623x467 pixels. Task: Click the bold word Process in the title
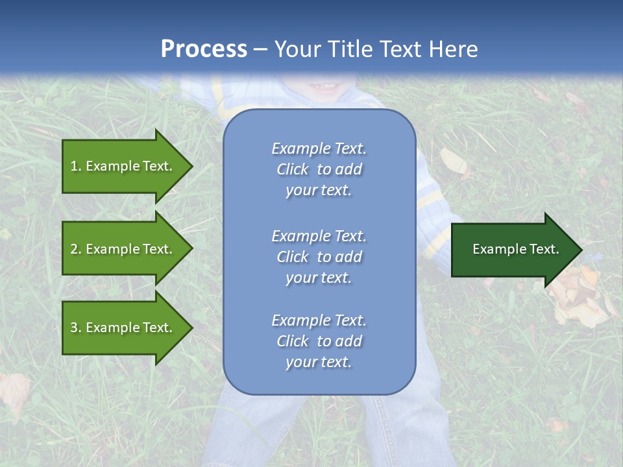click(204, 49)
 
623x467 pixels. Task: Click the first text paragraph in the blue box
click(319, 169)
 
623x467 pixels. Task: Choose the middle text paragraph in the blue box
click(319, 257)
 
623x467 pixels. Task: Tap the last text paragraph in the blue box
click(319, 341)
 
